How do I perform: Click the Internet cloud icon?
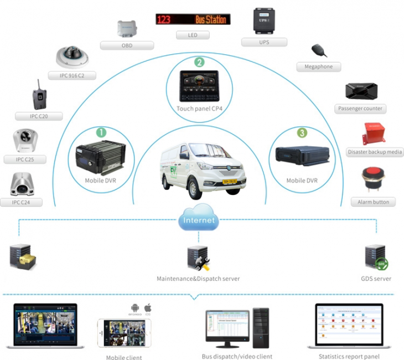coord(198,218)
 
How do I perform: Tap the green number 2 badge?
coord(199,63)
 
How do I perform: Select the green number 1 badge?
coord(101,132)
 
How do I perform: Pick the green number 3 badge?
coord(302,133)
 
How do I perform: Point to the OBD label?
coord(127,45)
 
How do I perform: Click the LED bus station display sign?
coord(193,19)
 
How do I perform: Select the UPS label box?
coord(264,42)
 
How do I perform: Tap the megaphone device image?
coord(319,50)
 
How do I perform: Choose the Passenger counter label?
coord(360,109)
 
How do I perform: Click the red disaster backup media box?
coord(374,133)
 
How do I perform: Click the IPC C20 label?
coord(38,116)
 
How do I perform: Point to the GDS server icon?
coord(376,258)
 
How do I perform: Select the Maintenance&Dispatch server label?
coord(198,279)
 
